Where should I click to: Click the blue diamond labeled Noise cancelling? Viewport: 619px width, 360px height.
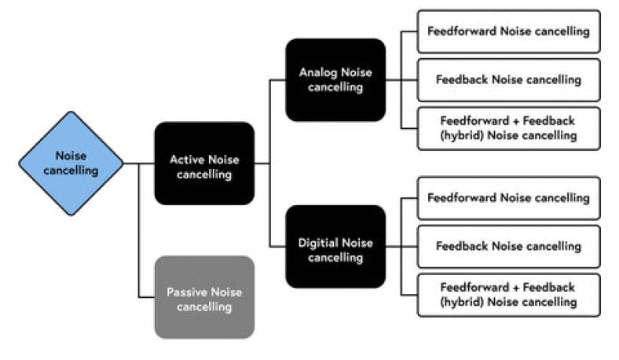click(71, 163)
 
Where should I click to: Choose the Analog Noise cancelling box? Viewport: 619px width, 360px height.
click(335, 79)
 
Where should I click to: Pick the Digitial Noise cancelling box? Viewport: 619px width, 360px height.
click(335, 247)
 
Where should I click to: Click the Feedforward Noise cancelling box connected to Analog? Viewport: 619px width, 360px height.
click(508, 31)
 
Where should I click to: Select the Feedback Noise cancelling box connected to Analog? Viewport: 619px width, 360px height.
click(508, 79)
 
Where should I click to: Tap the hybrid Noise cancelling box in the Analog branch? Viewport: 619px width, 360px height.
click(508, 128)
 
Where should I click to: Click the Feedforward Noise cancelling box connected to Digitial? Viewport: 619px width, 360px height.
click(508, 198)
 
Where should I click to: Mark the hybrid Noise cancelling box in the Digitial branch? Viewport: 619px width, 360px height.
click(508, 295)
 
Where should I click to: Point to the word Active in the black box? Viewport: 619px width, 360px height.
click(187, 160)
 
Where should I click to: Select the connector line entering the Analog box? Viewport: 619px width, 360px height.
click(277, 79)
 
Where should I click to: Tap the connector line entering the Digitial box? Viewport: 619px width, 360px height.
click(277, 247)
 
